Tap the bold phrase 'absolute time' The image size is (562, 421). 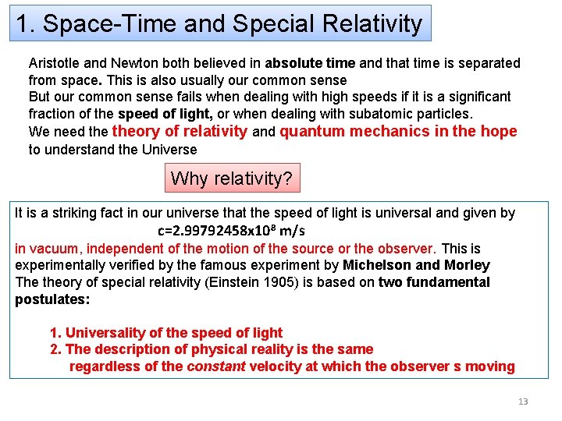(x=310, y=62)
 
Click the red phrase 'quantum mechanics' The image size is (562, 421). (x=343, y=132)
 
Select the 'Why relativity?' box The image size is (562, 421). (x=232, y=179)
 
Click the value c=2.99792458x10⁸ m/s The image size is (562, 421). (x=231, y=231)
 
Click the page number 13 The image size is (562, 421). (x=523, y=402)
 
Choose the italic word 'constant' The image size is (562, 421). (x=215, y=366)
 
